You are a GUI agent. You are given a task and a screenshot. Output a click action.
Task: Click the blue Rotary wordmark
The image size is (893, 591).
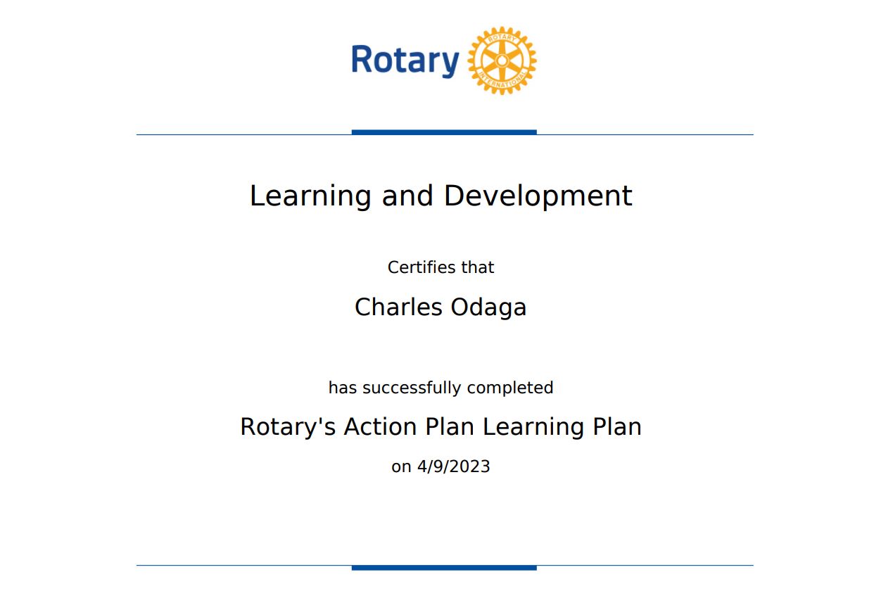tap(405, 61)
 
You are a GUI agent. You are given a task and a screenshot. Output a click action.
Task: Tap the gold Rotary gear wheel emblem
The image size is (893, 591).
tap(502, 61)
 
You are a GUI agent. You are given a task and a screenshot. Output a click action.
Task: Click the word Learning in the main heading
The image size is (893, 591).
tap(310, 196)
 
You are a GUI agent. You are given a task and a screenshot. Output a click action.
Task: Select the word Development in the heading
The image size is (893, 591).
tap(538, 196)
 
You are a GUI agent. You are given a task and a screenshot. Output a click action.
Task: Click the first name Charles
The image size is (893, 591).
tap(399, 307)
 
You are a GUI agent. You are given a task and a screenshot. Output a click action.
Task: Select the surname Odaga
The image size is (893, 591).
tap(489, 308)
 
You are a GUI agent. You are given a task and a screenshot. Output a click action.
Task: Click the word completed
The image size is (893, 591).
tap(510, 388)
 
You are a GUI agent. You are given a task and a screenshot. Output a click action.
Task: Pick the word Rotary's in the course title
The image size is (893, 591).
tap(288, 427)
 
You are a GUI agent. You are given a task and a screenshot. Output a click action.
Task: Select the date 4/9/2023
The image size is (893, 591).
tap(454, 466)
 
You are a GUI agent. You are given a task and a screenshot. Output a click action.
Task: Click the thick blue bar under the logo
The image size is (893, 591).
tap(444, 132)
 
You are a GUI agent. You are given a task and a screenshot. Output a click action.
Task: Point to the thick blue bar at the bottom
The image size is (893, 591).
tap(444, 568)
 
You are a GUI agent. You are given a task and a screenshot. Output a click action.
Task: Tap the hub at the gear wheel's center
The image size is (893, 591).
tap(502, 61)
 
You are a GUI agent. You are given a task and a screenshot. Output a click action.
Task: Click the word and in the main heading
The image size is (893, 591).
tap(407, 196)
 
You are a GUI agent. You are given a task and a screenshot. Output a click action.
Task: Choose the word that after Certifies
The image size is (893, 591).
tap(478, 267)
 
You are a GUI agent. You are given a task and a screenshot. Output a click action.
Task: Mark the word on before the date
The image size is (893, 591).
tap(401, 467)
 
